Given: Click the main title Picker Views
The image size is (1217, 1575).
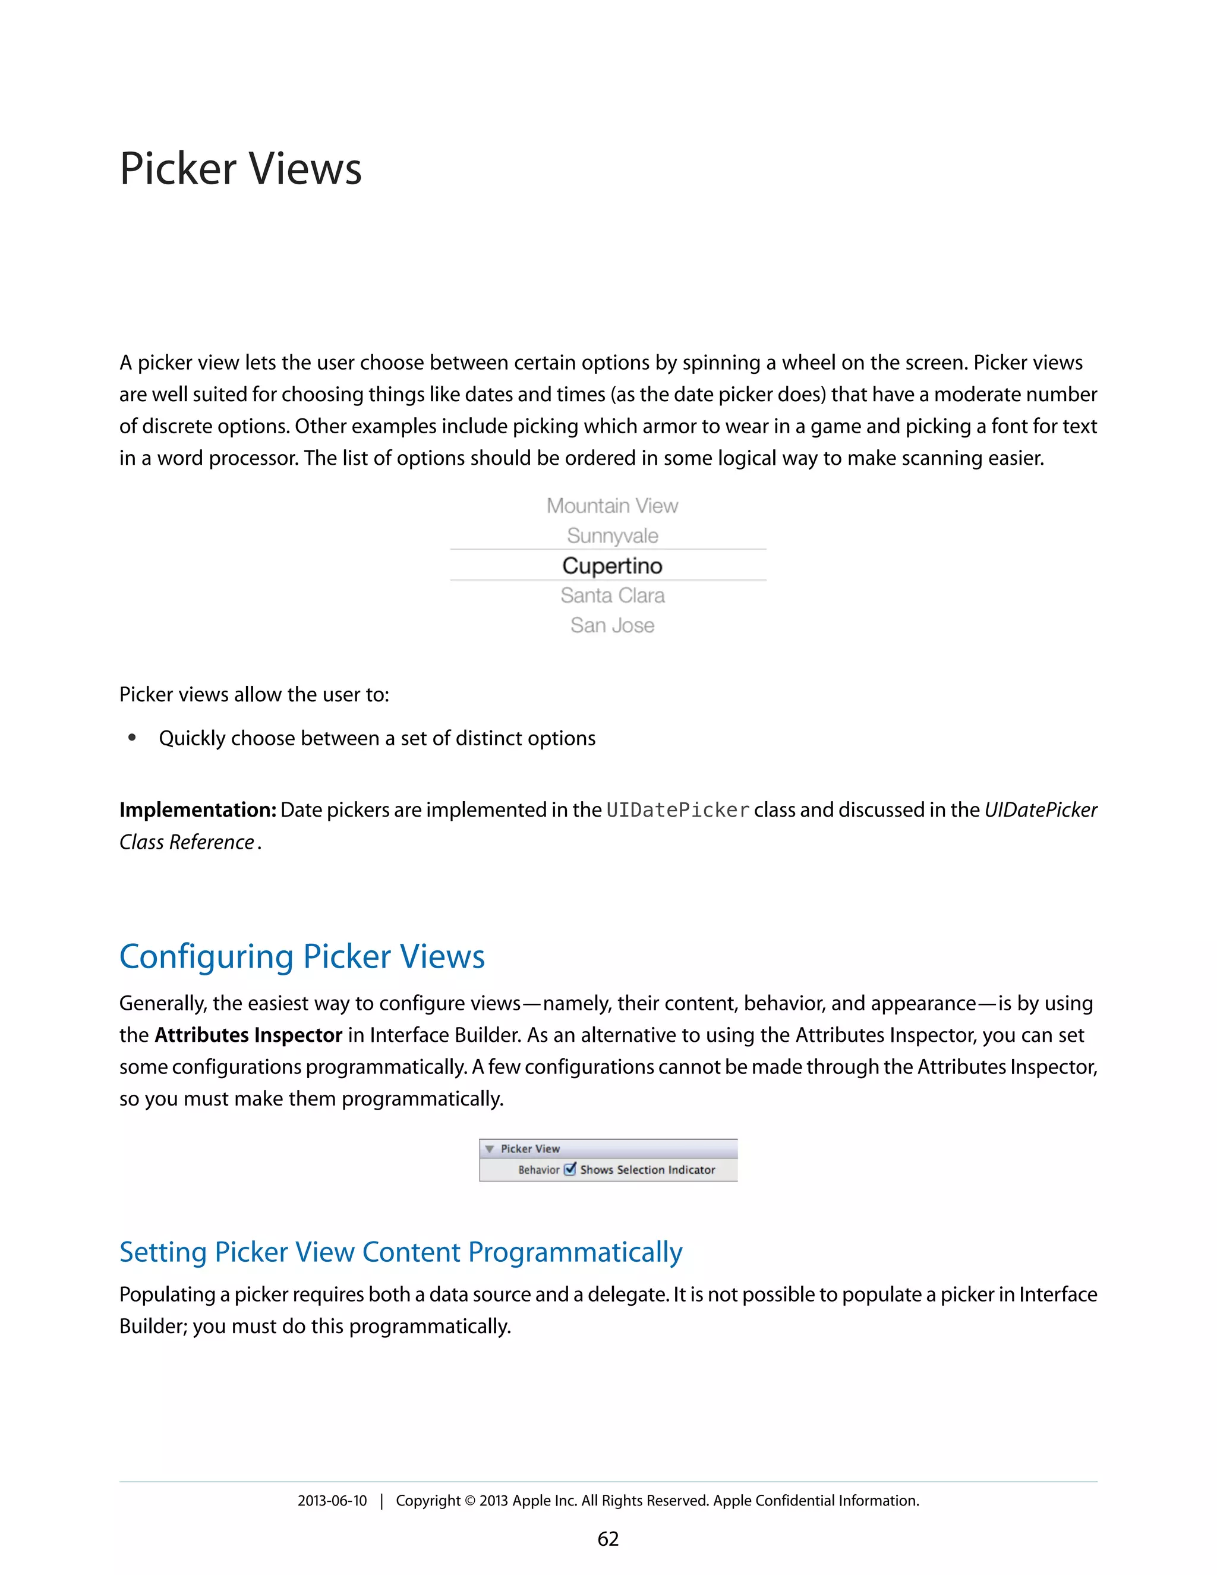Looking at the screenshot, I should click(240, 169).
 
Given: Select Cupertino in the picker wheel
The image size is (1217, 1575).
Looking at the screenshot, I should click(611, 565).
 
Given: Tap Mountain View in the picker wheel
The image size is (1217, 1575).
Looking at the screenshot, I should click(611, 506).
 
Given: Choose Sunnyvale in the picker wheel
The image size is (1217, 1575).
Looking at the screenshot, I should click(611, 536).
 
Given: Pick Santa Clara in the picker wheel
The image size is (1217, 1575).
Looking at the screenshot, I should click(611, 596).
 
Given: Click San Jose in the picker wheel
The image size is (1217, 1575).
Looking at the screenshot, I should click(611, 625).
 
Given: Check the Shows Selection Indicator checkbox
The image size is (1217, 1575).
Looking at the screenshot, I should click(569, 1169).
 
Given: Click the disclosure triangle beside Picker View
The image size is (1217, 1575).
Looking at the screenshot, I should click(490, 1149).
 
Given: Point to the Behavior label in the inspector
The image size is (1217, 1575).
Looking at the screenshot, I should click(538, 1170).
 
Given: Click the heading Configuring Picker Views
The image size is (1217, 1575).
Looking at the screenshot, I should click(301, 957).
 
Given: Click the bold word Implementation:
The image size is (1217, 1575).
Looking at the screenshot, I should click(197, 811).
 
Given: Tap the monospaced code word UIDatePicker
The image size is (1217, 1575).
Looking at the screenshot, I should click(677, 811).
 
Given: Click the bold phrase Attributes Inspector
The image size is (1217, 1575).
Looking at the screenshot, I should click(248, 1035).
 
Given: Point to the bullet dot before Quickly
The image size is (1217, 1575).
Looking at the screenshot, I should click(132, 738).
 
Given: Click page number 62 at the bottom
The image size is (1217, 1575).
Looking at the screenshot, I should click(608, 1539).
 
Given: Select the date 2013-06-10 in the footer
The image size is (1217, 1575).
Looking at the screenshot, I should click(332, 1501).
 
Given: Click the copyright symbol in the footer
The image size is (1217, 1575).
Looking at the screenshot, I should click(469, 1501).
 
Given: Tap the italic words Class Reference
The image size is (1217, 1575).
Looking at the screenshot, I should click(186, 842).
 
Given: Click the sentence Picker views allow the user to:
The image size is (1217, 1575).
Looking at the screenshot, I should click(254, 694).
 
